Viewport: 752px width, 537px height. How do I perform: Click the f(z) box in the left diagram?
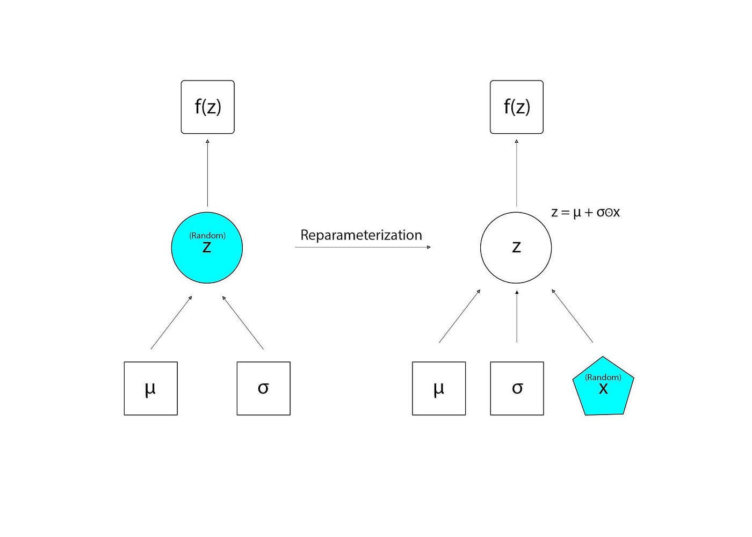pos(207,107)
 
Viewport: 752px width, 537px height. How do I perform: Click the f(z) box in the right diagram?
pos(516,107)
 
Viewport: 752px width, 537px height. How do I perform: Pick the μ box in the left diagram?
pos(150,388)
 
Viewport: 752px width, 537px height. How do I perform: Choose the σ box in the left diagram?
pos(263,388)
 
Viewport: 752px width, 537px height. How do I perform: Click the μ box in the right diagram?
pos(439,388)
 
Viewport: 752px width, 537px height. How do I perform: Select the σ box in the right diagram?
pos(517,388)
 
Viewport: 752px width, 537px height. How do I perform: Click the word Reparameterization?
pos(361,235)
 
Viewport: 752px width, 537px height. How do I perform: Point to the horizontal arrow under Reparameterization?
pos(363,247)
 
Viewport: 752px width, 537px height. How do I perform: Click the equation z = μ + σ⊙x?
pos(585,213)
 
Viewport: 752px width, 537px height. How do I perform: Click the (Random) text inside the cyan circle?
pos(207,236)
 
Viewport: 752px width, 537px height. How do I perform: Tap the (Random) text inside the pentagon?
pos(603,378)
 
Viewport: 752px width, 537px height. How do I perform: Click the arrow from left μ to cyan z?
pos(171,323)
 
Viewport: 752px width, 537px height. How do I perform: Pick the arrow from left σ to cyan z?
pos(243,323)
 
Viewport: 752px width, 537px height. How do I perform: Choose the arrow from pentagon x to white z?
pos(572,316)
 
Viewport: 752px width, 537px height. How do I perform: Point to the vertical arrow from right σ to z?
pos(517,317)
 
